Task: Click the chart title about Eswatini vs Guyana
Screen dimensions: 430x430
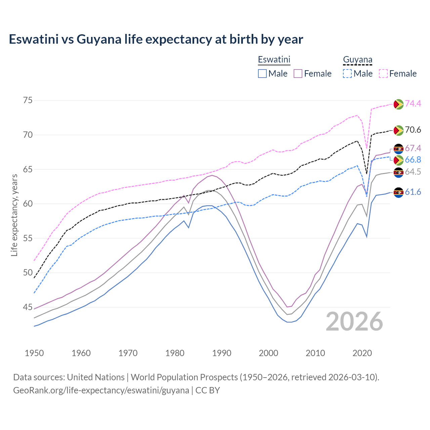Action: pyautogui.click(x=156, y=39)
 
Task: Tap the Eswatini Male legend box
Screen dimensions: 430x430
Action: pyautogui.click(x=262, y=74)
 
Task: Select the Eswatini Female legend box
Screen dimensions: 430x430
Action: pyautogui.click(x=298, y=74)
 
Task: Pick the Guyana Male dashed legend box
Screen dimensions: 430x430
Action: pyautogui.click(x=347, y=74)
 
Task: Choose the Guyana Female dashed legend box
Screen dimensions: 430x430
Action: pyautogui.click(x=383, y=74)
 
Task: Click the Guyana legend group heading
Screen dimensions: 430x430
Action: pyautogui.click(x=357, y=60)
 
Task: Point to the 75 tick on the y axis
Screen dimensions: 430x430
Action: pyautogui.click(x=28, y=100)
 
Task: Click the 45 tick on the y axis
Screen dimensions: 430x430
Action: pyautogui.click(x=28, y=307)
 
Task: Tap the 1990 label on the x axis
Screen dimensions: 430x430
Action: pyautogui.click(x=222, y=353)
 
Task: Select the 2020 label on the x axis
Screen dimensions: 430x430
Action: pyautogui.click(x=362, y=353)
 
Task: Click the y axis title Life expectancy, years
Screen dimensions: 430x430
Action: pyautogui.click(x=14, y=215)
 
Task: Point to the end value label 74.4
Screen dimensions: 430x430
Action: pyautogui.click(x=413, y=103)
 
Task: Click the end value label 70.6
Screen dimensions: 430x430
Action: pyautogui.click(x=413, y=130)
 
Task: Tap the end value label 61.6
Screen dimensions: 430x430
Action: pyautogui.click(x=413, y=192)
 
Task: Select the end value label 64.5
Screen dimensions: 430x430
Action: pyautogui.click(x=413, y=172)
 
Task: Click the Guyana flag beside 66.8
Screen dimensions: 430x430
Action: pyautogui.click(x=398, y=160)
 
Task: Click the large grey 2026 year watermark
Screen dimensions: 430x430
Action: pyautogui.click(x=354, y=321)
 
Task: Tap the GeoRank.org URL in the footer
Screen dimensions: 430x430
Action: pyautogui.click(x=101, y=390)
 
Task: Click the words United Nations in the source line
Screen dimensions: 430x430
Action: pyautogui.click(x=96, y=377)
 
